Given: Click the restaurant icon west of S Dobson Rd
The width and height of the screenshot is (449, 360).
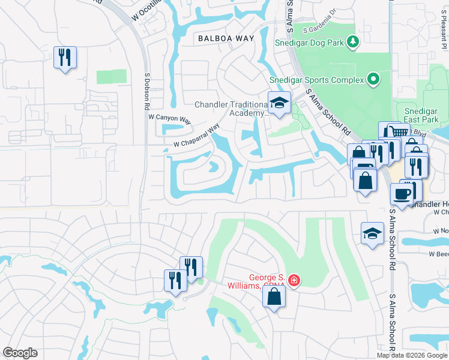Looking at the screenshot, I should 64,58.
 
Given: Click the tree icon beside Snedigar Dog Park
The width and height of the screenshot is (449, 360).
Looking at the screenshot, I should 354,41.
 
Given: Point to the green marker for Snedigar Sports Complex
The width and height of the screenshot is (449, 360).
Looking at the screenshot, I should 373,79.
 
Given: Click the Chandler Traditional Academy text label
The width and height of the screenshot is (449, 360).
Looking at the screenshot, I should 231,109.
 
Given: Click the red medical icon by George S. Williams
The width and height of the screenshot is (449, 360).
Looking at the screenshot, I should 293,280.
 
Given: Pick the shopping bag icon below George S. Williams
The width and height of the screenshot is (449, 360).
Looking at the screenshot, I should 274,297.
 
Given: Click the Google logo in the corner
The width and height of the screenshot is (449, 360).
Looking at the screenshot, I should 20,353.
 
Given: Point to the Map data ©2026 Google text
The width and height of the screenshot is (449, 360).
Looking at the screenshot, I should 412,355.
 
